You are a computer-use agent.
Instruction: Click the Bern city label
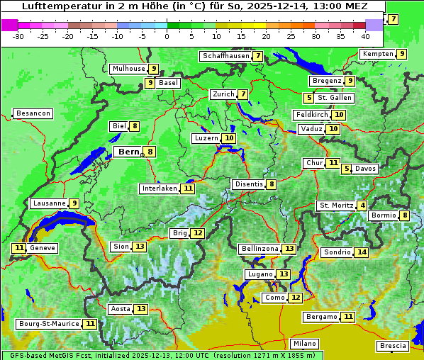128,152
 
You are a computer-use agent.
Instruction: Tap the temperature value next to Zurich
243,94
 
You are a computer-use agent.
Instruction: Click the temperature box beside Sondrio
362,252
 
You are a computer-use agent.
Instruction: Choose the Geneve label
42,248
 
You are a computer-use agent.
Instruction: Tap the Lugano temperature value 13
284,274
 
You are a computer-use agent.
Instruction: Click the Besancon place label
33,113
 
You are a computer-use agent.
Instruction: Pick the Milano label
305,343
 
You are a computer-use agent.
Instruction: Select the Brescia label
393,346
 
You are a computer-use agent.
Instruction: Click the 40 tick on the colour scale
365,36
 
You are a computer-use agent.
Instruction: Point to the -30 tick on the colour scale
18,36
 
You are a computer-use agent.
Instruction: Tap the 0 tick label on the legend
167,36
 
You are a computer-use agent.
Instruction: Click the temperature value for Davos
347,169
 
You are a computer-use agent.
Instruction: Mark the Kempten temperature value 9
401,54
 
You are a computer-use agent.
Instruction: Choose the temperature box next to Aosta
141,309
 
